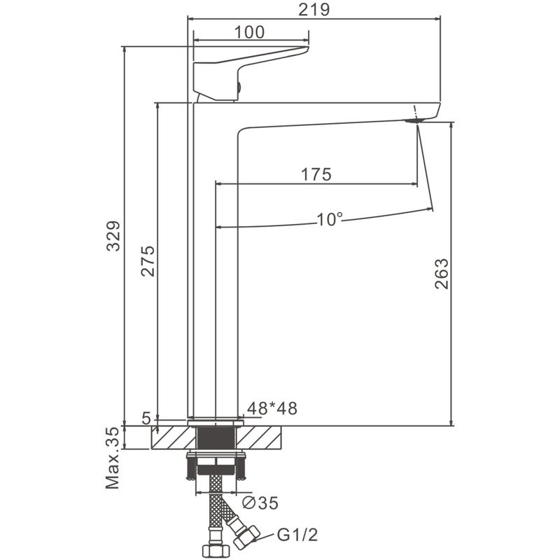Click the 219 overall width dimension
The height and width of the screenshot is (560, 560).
tap(314, 10)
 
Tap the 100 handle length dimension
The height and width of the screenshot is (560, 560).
tap(249, 32)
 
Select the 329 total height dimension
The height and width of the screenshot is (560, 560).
tap(113, 236)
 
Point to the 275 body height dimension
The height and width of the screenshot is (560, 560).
tap(148, 261)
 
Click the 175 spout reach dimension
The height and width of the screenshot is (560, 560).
tap(316, 174)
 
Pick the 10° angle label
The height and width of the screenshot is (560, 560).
tap(330, 219)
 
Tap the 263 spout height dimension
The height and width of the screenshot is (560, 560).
tap(442, 274)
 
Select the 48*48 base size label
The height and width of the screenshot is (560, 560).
tap(272, 408)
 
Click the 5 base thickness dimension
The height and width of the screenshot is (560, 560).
tap(146, 418)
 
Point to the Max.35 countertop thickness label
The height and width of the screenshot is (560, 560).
tap(112, 458)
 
